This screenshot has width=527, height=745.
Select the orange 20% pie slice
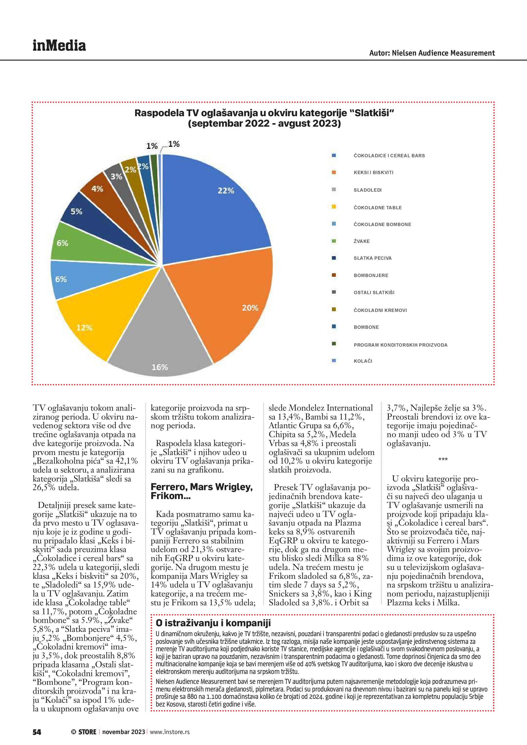click(x=227, y=302)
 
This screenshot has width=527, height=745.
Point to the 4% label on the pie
click(x=97, y=189)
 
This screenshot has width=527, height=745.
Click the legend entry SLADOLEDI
click(x=367, y=190)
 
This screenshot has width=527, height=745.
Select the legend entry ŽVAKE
click(x=362, y=241)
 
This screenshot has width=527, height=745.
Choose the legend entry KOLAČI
click(x=363, y=361)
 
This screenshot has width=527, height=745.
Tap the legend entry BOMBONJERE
click(x=371, y=276)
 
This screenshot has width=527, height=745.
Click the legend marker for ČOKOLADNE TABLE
click(x=333, y=207)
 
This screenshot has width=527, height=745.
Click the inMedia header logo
click(x=59, y=46)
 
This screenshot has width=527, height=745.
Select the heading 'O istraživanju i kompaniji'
click(x=213, y=623)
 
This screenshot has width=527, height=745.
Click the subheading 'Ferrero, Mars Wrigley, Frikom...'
click(x=201, y=491)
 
